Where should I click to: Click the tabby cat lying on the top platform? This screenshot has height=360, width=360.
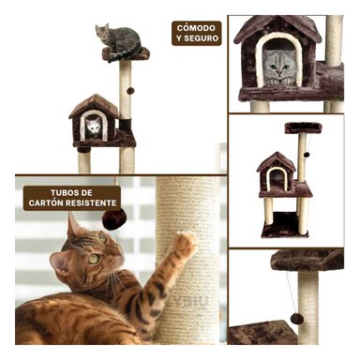[118, 39]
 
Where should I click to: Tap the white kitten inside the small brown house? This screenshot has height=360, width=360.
[93, 126]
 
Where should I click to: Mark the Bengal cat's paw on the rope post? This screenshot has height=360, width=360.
[185, 245]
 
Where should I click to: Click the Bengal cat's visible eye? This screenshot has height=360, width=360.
[92, 260]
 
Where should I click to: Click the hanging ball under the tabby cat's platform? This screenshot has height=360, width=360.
[130, 90]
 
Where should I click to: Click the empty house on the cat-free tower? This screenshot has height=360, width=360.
[276, 176]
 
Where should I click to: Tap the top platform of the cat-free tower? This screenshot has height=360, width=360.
[302, 127]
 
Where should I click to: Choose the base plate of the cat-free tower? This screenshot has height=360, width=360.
[286, 231]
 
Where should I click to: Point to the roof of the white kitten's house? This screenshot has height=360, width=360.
[93, 105]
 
